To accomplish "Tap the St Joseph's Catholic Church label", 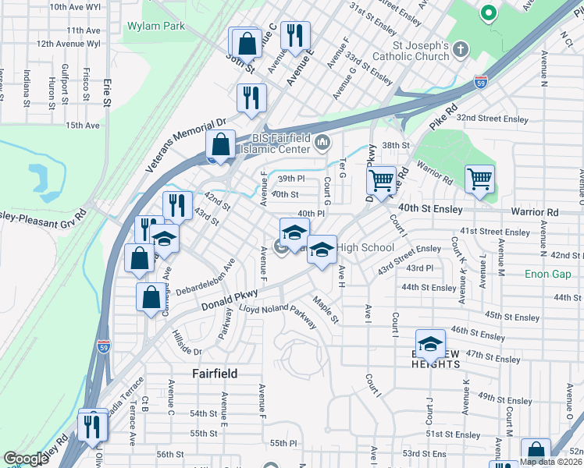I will tap(420, 51).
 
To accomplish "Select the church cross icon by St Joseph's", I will tap(461, 51).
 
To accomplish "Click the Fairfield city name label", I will tap(215, 374).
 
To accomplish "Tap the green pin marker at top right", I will tap(489, 12).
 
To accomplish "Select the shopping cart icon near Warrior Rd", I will tap(479, 179).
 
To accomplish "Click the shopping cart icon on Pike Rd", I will tap(381, 180).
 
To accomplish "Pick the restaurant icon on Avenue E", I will tap(294, 36).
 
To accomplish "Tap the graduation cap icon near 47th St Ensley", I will tap(429, 343).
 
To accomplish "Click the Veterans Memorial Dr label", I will tap(186, 145).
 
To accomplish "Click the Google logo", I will tap(26, 459).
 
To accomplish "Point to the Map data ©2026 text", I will tap(550, 462).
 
